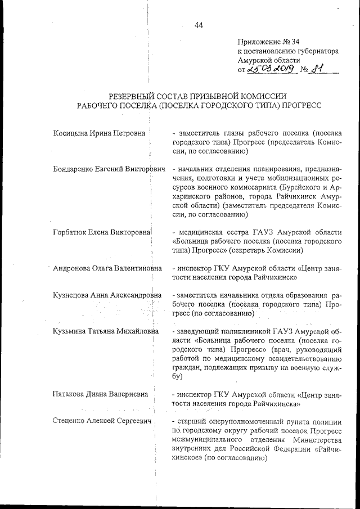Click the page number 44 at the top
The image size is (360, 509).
coord(199,25)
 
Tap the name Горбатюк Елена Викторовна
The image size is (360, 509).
coord(101,232)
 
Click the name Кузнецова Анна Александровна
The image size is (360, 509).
coord(107,295)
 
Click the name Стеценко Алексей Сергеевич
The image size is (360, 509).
coord(102,421)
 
